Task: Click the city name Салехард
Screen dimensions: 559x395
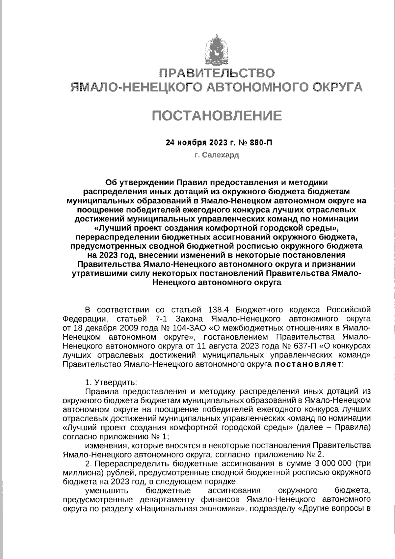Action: click(221, 155)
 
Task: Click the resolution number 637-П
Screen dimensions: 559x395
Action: click(304, 346)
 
